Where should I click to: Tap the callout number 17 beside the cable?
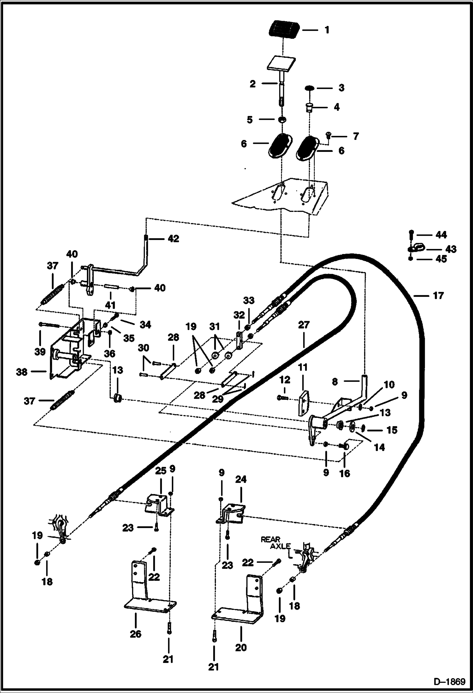[x=438, y=296]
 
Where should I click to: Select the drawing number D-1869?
[x=449, y=681]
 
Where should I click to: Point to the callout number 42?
[x=173, y=239]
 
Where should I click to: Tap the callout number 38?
[x=22, y=372]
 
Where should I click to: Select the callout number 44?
[x=441, y=235]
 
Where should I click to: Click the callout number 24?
[x=241, y=479]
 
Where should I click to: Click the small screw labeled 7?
[x=328, y=136]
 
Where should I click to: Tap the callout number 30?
[x=143, y=348]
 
